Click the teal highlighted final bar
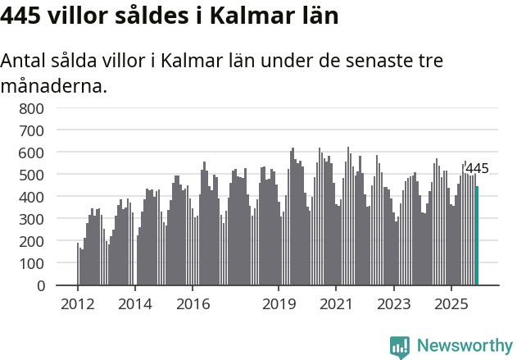point(477,236)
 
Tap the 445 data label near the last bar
point(477,169)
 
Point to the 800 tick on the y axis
point(31,108)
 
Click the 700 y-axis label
point(31,130)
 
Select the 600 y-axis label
point(31,153)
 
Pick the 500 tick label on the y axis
point(31,175)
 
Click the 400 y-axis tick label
point(31,197)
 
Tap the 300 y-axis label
point(31,219)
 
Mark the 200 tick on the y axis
point(31,241)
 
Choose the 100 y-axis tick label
point(31,263)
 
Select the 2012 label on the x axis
point(78,304)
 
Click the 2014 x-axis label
point(135,304)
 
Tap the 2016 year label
point(193,304)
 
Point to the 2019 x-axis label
point(279,304)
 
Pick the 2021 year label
point(336,304)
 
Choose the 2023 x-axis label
point(393,304)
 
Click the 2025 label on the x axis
point(451,304)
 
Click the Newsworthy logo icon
point(400,347)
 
